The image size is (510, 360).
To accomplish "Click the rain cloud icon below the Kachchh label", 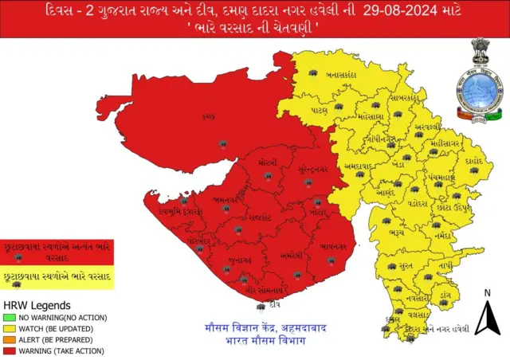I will click(223, 144).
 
